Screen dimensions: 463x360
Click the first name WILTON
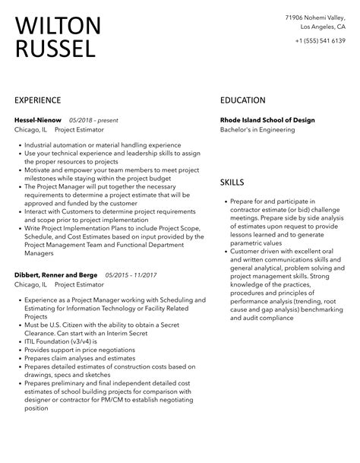coord(58,26)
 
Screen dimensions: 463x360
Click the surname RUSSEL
coord(55,50)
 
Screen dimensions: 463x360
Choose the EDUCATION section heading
coord(243,100)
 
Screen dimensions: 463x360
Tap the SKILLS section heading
coord(232,182)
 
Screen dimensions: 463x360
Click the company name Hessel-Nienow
coord(38,120)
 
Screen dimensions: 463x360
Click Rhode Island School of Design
coord(267,120)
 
